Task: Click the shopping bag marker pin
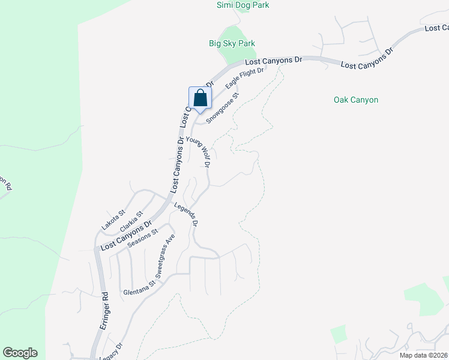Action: (x=200, y=98)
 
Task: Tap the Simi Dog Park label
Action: (x=243, y=5)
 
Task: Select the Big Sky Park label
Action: (x=232, y=43)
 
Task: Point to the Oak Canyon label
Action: (x=356, y=100)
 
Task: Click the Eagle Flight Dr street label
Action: (x=245, y=79)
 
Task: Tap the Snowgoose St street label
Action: (x=223, y=108)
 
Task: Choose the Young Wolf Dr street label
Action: (x=199, y=151)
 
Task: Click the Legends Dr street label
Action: (x=187, y=214)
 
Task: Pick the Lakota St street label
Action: (x=113, y=220)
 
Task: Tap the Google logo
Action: (x=20, y=353)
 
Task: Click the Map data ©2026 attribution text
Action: (x=424, y=355)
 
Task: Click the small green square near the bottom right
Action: (x=339, y=334)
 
